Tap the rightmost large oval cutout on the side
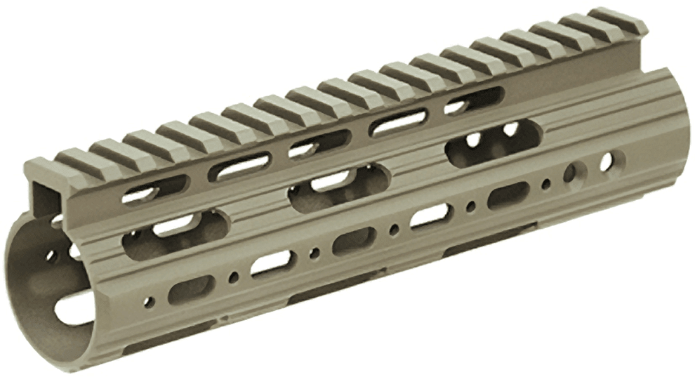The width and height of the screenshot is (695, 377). pos(494,141)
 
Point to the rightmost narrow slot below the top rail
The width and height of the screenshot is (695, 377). pos(476,99)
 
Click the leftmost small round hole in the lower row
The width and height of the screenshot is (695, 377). pos(148,302)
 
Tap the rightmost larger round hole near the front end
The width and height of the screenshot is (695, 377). pos(606,161)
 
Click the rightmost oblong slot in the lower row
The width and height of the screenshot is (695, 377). pos(508,194)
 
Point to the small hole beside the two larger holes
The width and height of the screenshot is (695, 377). pos(546,184)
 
